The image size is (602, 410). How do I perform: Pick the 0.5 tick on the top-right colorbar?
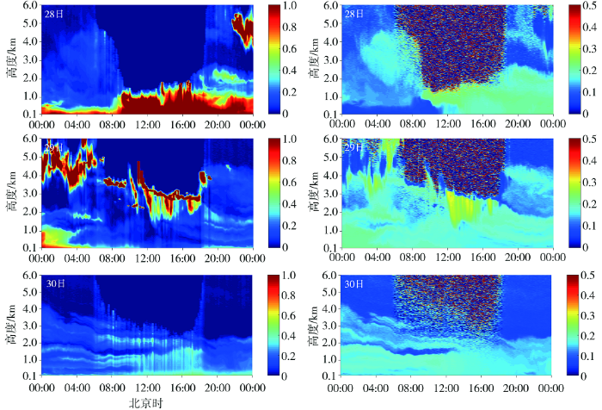tap(593, 7)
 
